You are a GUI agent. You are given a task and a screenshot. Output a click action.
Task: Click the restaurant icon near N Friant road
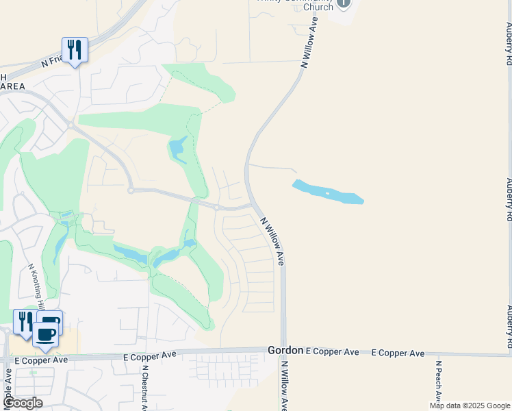[75, 50]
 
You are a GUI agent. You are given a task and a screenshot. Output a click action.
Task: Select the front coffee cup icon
[46, 335]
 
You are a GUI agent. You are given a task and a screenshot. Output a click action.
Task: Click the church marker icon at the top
[343, 3]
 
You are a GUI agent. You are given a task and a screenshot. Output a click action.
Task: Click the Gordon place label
[285, 350]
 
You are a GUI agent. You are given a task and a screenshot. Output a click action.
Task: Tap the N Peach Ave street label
[437, 384]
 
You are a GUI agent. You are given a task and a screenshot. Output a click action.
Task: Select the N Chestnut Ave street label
[145, 387]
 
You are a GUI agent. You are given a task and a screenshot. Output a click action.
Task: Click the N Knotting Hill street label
[36, 288]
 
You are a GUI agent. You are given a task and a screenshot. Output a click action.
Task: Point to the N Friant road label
[53, 61]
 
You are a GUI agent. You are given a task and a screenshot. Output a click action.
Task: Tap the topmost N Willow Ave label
[309, 42]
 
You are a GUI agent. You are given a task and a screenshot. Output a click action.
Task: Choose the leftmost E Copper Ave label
[41, 360]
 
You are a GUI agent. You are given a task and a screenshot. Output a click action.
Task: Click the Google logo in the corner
[23, 403]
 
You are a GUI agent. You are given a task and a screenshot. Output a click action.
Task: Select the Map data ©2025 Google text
[470, 406]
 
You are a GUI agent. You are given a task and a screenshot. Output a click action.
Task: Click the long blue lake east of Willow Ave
[328, 192]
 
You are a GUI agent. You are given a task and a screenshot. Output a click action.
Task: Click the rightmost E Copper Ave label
[398, 353]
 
